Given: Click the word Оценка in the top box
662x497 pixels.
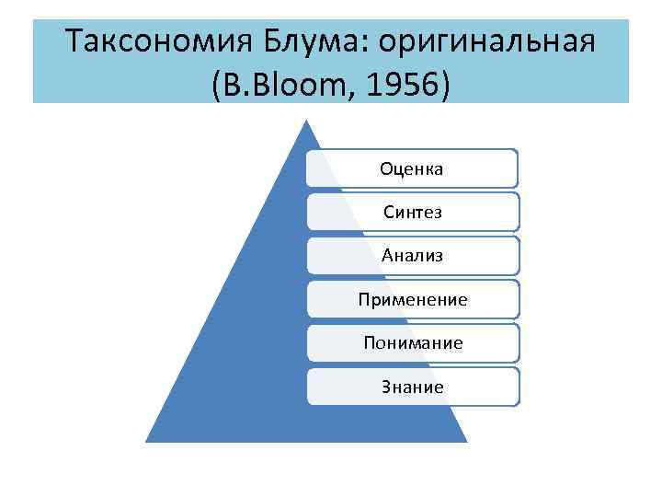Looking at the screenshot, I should click(412, 168).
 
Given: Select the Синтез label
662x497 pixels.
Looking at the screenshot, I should click(412, 212).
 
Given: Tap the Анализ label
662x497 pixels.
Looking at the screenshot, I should click(412, 255).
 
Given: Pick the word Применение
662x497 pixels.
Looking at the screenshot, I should click(412, 299).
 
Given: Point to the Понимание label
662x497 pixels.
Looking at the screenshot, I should click(412, 342).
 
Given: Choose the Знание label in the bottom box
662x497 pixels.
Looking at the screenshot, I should click(412, 387).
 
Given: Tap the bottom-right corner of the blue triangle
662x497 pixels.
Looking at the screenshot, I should click(466, 441).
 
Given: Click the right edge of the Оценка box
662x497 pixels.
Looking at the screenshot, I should click(518, 168).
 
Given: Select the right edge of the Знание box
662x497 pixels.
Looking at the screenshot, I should click(519, 387).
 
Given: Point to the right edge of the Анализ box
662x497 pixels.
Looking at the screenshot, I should click(519, 255).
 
